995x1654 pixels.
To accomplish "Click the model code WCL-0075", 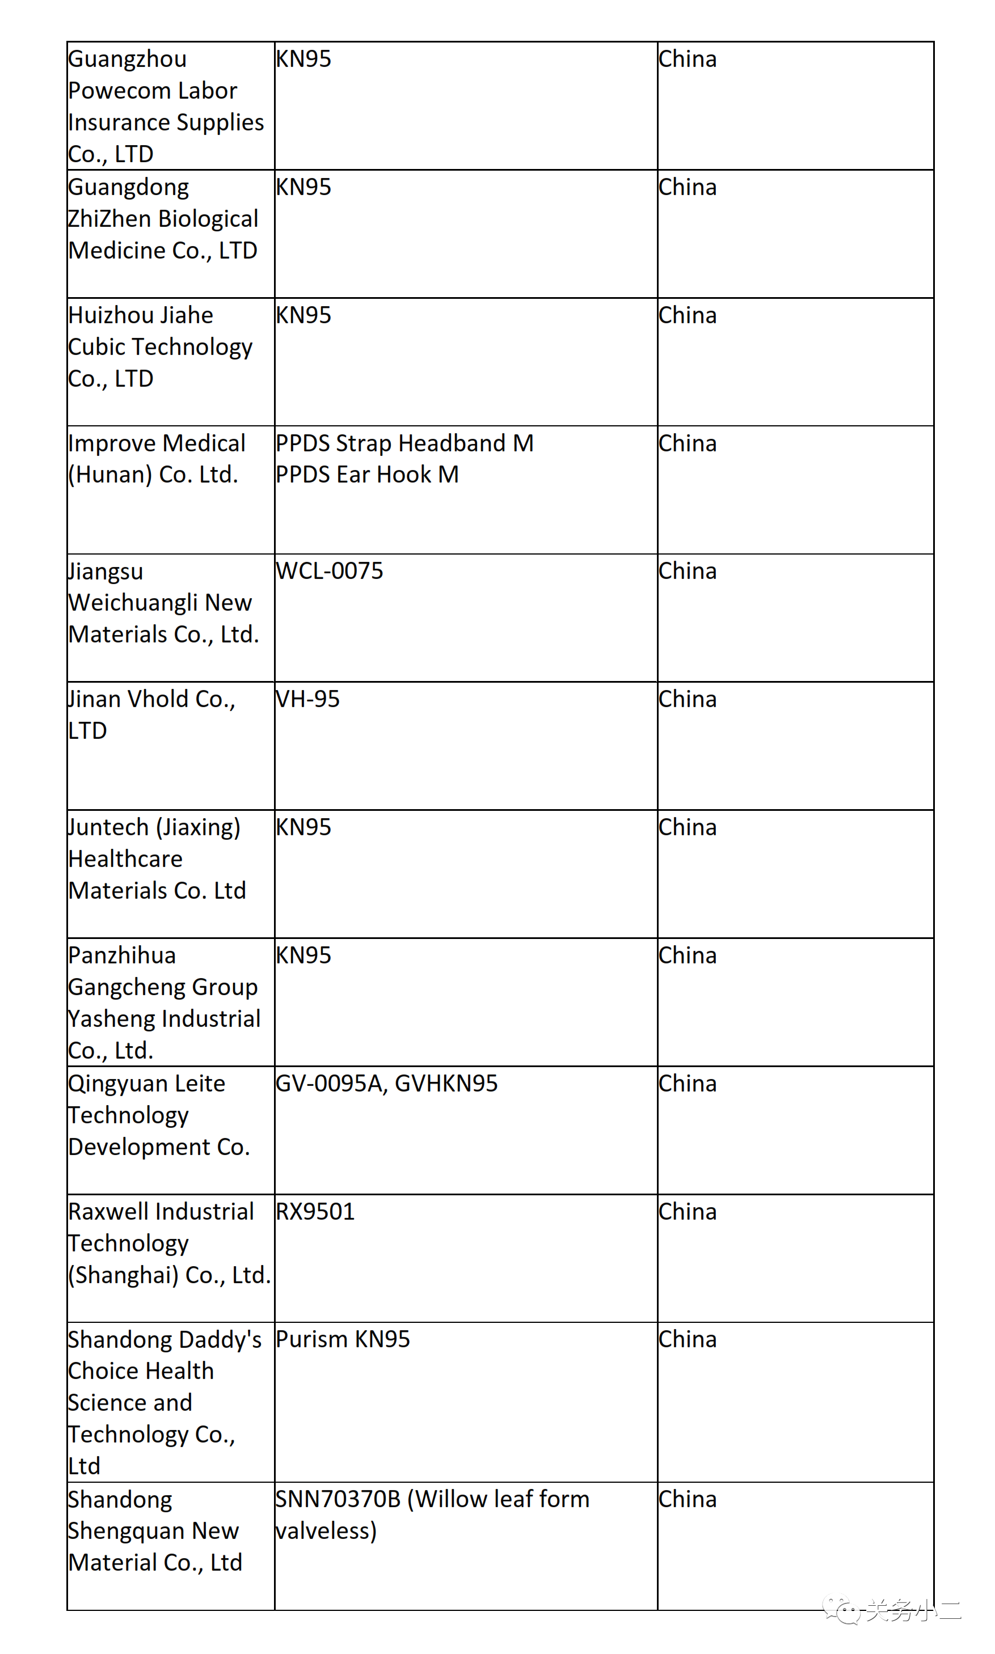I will coord(329,571).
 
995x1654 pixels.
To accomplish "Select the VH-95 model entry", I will coord(308,699).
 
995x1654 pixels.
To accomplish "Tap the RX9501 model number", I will coord(315,1211).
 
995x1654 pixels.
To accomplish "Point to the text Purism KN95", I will coord(343,1339).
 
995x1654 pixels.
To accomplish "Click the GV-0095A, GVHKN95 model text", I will coord(387,1083).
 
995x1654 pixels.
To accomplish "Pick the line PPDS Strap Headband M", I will coord(404,443).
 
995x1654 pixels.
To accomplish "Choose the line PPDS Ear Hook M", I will coord(368,475).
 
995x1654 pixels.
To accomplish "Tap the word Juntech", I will coord(108,827).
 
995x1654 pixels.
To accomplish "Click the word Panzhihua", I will coord(122,955).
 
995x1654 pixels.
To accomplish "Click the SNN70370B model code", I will coord(338,1499).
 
